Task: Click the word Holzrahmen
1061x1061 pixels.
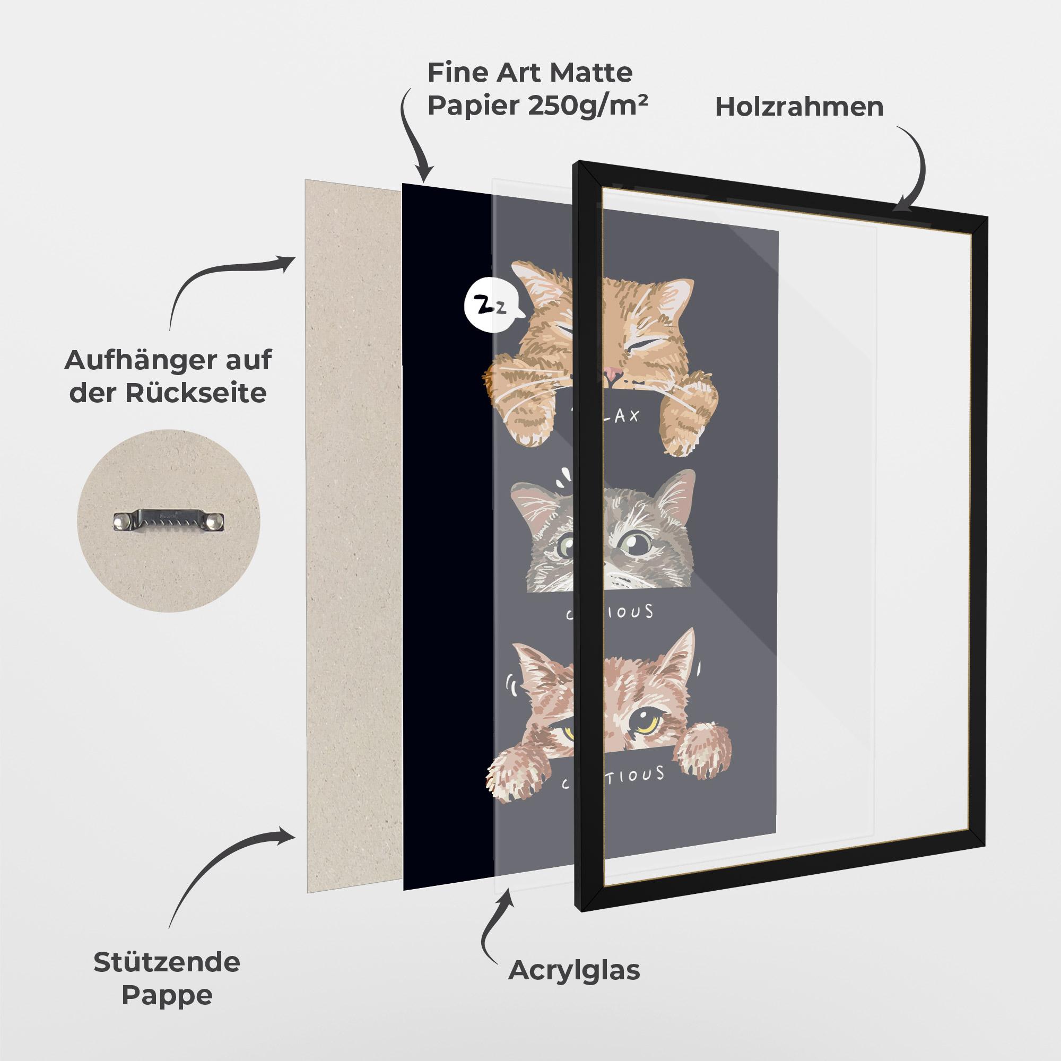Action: (x=799, y=107)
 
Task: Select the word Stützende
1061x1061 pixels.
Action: (x=167, y=963)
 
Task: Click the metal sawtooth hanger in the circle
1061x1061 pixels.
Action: (x=169, y=520)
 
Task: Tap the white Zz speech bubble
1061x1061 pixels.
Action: (x=486, y=308)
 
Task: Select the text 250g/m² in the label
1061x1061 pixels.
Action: (x=588, y=106)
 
